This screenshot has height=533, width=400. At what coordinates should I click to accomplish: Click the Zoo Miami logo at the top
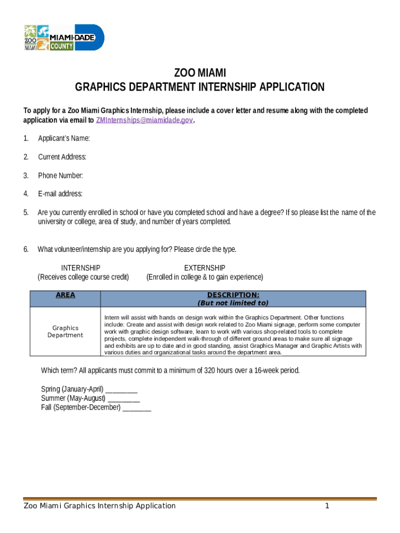[x=37, y=37]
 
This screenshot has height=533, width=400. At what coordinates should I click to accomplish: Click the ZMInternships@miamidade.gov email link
[x=144, y=120]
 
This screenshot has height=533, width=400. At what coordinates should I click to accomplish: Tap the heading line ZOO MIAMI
[x=199, y=72]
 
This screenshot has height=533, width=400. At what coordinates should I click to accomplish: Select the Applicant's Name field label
[x=64, y=138]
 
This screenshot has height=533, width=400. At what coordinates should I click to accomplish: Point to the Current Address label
[x=62, y=157]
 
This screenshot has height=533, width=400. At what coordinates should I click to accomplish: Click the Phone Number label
[x=60, y=175]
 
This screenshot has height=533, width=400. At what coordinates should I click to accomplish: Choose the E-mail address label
[x=60, y=194]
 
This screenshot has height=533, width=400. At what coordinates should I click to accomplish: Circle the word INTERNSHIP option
[x=81, y=268]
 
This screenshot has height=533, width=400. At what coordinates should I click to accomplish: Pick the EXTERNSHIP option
[x=205, y=268]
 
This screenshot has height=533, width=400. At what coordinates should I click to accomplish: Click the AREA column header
[x=65, y=295]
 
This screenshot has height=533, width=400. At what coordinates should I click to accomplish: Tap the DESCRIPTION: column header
[x=233, y=295]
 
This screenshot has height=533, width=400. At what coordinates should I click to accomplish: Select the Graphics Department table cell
[x=65, y=332]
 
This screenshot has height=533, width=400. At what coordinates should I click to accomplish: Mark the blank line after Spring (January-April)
[x=122, y=390]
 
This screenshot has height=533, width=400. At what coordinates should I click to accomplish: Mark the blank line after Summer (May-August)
[x=124, y=399]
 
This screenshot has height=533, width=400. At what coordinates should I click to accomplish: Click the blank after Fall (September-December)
[x=137, y=408]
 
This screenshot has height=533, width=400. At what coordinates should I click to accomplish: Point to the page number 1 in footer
[x=327, y=506]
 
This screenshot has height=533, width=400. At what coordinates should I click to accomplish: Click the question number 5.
[x=26, y=212]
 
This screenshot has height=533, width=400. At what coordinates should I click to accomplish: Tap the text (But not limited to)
[x=233, y=303]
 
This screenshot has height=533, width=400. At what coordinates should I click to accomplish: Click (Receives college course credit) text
[x=83, y=277]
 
